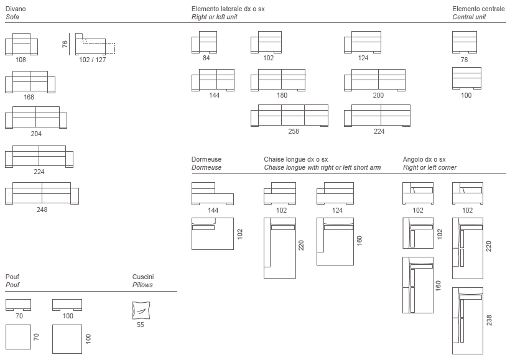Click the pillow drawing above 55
click(142, 310)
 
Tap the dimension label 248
click(42, 210)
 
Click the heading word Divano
click(16, 9)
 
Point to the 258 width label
click(293, 131)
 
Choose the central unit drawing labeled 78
click(464, 43)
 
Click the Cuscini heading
click(143, 277)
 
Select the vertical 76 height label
click(65, 44)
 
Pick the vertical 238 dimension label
click(489, 320)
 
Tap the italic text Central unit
click(470, 17)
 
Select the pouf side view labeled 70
click(18, 305)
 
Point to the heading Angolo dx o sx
click(424, 160)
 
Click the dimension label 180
click(282, 95)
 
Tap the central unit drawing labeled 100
click(466, 79)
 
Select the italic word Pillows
click(142, 285)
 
